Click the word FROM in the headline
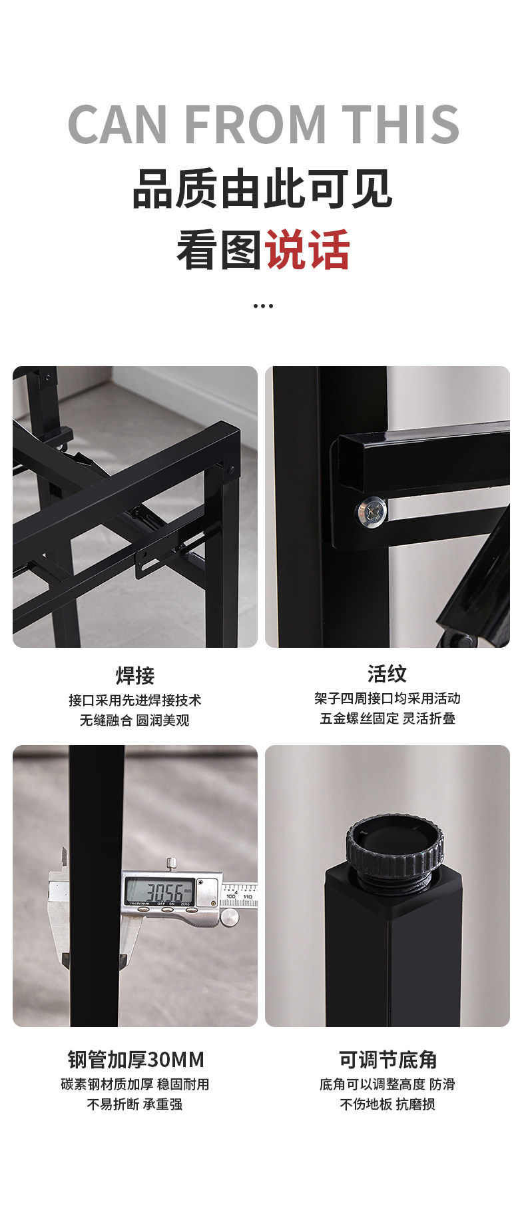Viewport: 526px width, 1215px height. point(254,125)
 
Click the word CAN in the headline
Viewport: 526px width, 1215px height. point(117,125)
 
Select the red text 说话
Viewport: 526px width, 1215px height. point(307,250)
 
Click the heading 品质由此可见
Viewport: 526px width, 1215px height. point(263,189)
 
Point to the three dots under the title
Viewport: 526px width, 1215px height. point(263,306)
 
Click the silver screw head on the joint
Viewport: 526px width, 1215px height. point(371,513)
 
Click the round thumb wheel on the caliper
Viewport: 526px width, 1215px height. point(229,918)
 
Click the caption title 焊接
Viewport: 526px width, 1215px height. point(135,675)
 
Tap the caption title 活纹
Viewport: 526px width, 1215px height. point(387,674)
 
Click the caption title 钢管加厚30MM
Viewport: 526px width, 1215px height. point(136,1059)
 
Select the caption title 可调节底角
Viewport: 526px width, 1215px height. point(388,1059)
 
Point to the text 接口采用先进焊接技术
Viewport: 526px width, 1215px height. point(134,700)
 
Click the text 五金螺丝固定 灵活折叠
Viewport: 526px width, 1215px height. point(388,718)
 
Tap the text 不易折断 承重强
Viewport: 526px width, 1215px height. point(134,1104)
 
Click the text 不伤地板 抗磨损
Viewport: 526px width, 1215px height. point(388,1104)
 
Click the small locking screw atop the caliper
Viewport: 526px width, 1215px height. point(172,864)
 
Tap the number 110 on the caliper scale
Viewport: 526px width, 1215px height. point(247,896)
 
